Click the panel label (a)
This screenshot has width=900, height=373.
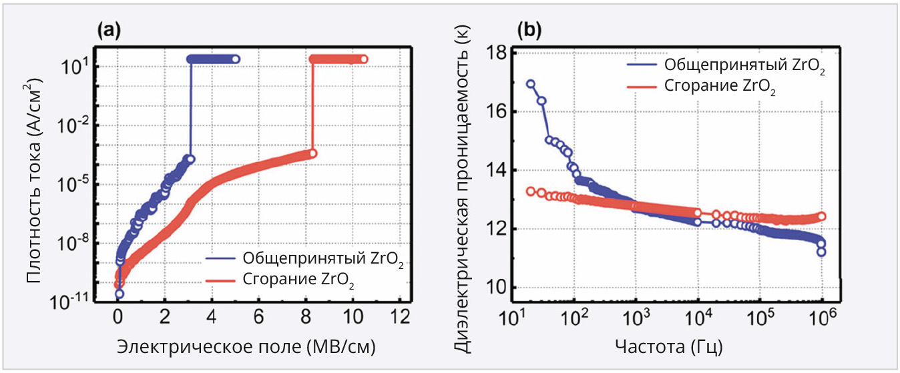(108, 29)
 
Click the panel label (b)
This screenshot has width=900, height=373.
(530, 29)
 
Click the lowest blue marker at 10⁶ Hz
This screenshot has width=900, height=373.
(821, 252)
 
